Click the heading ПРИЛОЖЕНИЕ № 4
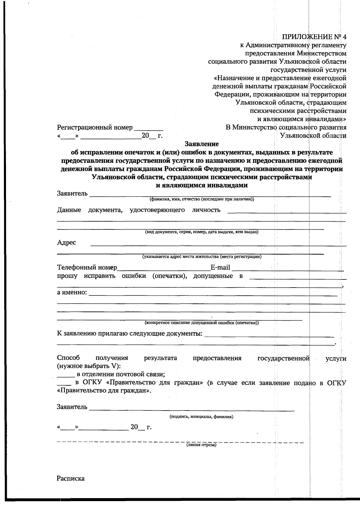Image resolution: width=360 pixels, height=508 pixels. pos(314,37)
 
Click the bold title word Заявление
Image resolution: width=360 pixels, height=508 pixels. pos(202,144)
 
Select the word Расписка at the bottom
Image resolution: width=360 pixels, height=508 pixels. pos(71,478)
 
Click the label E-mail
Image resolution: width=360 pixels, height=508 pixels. pos(220,267)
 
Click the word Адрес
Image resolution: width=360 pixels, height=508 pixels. pos(67,243)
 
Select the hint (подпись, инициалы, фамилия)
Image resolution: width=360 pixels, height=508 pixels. pos(201,417)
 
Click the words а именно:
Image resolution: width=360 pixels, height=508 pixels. pos(72,292)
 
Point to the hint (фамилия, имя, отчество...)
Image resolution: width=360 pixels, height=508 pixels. pos(202,199)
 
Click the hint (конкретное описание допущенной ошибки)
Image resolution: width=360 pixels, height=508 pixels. pos(202,323)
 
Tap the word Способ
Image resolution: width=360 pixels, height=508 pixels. pos(68,358)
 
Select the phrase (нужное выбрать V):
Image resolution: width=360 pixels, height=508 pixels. pos(88,366)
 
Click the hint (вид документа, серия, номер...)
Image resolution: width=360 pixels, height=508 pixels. pos(202,232)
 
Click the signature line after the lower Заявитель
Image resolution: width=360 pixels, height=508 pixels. pos(192,408)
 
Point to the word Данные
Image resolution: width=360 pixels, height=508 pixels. pos(69,210)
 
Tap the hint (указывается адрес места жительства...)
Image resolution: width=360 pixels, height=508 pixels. pos(202,257)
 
